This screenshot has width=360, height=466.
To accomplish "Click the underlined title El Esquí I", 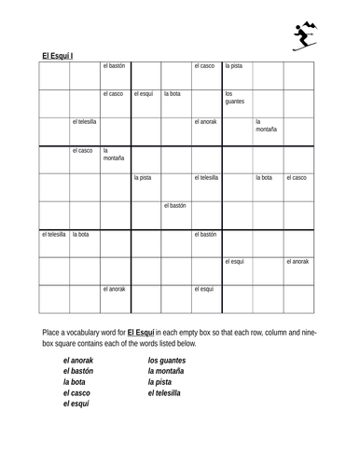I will point(58,56).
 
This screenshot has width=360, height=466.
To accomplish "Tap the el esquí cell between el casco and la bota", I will point(145,94).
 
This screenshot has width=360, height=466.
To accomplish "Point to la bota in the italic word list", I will point(74,381).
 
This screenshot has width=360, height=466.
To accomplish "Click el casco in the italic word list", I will point(76,392).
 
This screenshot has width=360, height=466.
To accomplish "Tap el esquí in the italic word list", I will point(76,404).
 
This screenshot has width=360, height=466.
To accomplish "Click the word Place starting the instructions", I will point(52,332).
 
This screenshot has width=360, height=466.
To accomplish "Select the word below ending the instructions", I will point(184,344).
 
